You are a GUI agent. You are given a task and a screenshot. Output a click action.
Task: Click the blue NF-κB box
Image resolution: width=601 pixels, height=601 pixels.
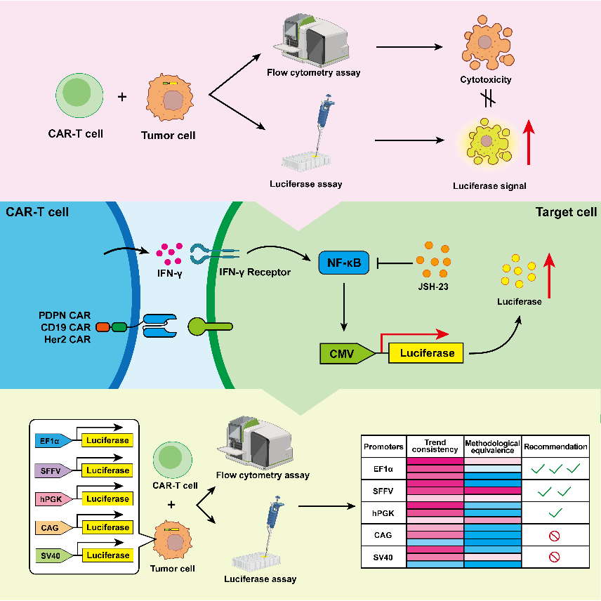coord(344,263)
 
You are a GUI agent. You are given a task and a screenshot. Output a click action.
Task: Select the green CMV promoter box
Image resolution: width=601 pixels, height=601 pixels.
coord(347,353)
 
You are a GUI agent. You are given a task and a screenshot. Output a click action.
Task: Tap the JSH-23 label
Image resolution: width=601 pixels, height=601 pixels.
coord(433,286)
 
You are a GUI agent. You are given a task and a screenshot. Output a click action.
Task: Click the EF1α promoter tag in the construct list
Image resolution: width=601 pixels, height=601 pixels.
coord(53,441)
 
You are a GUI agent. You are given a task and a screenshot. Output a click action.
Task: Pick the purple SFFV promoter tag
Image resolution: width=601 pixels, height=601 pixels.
coord(53,470)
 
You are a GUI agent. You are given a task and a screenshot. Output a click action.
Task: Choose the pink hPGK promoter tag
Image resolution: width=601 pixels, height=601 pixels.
coord(53,499)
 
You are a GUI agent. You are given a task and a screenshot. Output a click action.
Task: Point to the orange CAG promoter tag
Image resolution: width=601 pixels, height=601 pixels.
coord(53,528)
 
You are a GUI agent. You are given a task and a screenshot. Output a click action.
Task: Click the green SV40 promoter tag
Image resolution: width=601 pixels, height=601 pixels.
coord(53,556)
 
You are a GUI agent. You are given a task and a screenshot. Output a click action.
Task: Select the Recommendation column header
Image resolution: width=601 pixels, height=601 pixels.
coord(555,447)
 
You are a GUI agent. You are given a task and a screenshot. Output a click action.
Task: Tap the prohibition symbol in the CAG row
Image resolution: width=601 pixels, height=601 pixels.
coord(554,536)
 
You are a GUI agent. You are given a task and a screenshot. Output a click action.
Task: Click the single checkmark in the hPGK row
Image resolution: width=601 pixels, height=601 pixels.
coord(555,513)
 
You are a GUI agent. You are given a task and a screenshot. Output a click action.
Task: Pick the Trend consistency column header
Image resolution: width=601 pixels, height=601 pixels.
coord(435,446)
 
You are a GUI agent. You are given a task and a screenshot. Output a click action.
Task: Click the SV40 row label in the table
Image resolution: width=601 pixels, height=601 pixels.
coord(383,557)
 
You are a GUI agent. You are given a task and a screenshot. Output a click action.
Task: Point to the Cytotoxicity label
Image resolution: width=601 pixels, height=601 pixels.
coord(486,80)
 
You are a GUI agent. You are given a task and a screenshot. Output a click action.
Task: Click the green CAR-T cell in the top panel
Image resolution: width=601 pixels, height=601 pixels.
coord(79,95)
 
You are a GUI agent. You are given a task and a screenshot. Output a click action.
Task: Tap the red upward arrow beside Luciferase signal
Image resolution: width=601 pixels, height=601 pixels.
coord(529,143)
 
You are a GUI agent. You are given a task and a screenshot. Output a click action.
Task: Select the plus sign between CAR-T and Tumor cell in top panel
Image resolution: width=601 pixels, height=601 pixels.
coord(122,97)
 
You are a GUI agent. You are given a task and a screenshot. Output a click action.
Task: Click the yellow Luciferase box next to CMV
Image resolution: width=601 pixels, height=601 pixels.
coord(426,353)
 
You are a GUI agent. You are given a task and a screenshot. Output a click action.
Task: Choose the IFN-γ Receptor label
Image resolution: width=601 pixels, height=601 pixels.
coord(255,272)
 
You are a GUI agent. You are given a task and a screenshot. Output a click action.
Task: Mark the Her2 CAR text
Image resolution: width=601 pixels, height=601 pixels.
coord(67,339)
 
